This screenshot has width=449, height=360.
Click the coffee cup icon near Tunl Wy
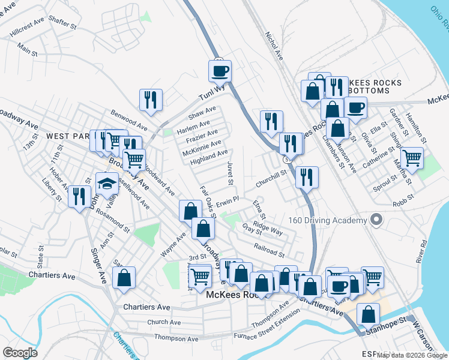tap(220, 71)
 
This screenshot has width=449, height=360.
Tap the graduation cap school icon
tap(107, 184)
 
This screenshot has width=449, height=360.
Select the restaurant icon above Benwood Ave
tap(151, 100)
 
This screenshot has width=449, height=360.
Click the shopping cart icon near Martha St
tap(412, 158)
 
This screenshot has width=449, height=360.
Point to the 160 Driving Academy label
tap(327, 220)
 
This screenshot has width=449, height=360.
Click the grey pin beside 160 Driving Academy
tap(376, 220)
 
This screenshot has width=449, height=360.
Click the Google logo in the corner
tap(20, 352)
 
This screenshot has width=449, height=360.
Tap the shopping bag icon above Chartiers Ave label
tap(124, 278)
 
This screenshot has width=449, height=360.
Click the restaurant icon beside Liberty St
tap(79, 196)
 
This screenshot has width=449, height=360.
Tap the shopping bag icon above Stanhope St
tap(368, 314)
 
